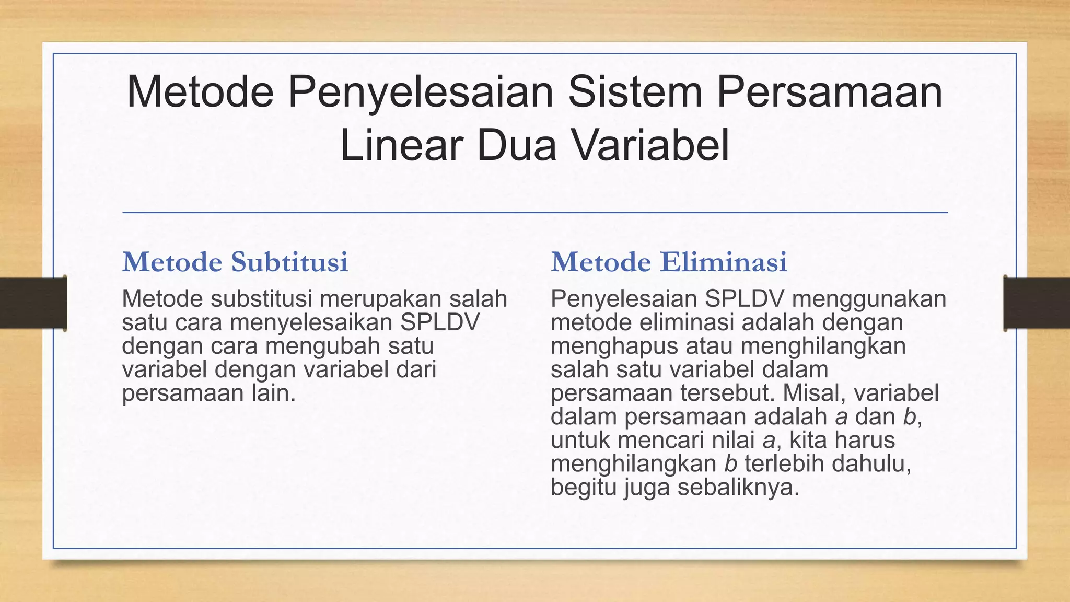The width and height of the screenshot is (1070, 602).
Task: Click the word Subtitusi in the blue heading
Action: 289,262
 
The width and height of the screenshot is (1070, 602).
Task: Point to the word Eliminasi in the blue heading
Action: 723,262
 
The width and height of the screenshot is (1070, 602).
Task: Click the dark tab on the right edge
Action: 1037,303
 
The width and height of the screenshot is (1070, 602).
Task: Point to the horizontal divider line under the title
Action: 535,213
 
